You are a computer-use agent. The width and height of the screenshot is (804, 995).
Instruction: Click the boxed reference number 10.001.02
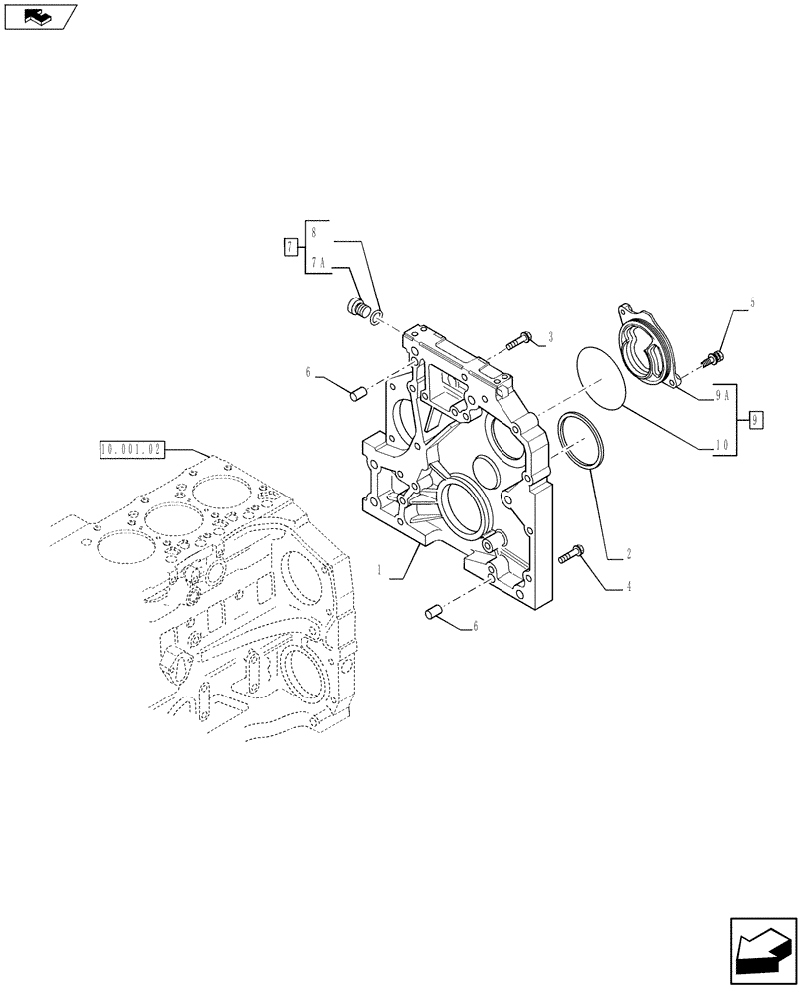pyautogui.click(x=132, y=450)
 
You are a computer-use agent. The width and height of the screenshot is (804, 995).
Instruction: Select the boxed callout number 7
pyautogui.click(x=290, y=248)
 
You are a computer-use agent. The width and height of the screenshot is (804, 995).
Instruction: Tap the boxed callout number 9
pyautogui.click(x=756, y=419)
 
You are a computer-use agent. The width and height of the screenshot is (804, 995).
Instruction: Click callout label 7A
pyautogui.click(x=318, y=263)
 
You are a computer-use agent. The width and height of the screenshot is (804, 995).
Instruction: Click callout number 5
pyautogui.click(x=752, y=302)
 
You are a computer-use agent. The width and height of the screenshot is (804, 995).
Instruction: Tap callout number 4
pyautogui.click(x=628, y=588)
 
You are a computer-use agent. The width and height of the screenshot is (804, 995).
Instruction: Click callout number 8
pyautogui.click(x=314, y=232)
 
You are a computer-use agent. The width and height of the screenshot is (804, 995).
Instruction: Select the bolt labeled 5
pyautogui.click(x=715, y=353)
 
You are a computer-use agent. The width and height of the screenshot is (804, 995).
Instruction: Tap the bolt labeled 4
pyautogui.click(x=572, y=553)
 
